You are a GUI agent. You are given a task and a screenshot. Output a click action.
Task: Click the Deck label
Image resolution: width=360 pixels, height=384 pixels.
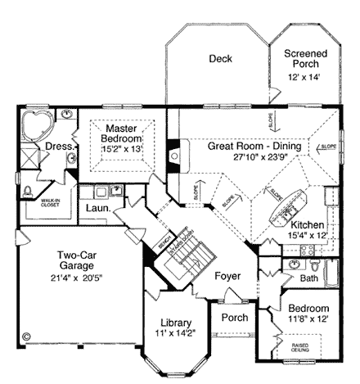tap(220, 59)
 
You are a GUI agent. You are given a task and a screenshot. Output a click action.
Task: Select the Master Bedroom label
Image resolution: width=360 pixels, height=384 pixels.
tap(121, 133)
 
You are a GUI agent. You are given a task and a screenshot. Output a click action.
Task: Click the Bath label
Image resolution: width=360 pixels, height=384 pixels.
tap(308, 278)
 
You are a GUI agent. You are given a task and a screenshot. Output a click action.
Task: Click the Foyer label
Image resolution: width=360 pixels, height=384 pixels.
tap(227, 276)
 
